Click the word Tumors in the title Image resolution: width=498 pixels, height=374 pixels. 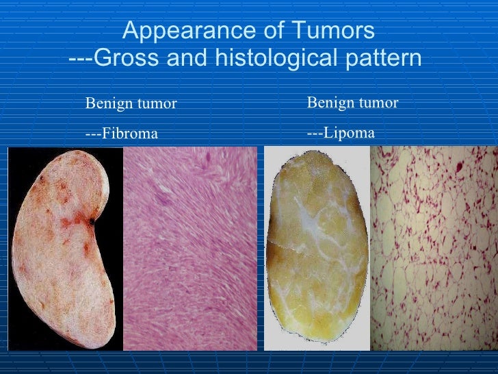pyautogui.click(x=337, y=32)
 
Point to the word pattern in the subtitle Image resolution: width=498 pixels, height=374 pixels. pyautogui.click(x=382, y=59)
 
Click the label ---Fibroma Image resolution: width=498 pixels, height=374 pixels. pyautogui.click(x=121, y=133)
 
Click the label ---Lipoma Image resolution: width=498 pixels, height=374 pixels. pyautogui.click(x=341, y=132)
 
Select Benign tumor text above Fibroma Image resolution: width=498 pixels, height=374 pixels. pyautogui.click(x=131, y=103)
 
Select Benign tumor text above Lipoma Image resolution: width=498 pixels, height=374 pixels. pyautogui.click(x=352, y=103)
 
